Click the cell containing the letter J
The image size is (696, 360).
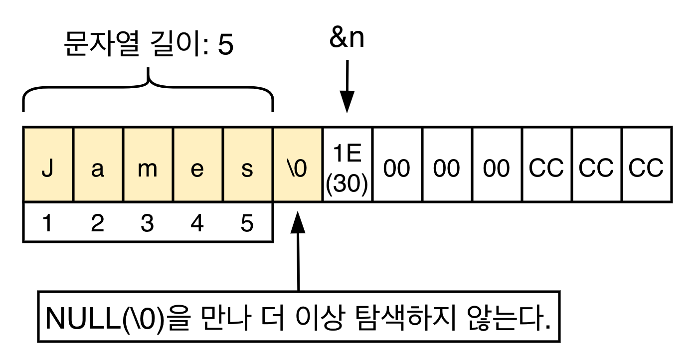pyautogui.click(x=48, y=165)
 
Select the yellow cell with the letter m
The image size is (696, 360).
pyautogui.click(x=148, y=165)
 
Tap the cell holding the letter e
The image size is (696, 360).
pyautogui.click(x=197, y=165)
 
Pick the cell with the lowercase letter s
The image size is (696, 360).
pyautogui.click(x=247, y=165)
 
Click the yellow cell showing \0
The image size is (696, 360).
pyautogui.click(x=297, y=165)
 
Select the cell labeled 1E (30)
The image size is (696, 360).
pyautogui.click(x=347, y=165)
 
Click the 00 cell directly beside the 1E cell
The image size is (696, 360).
pyautogui.click(x=397, y=165)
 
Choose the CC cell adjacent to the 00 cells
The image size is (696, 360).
pyautogui.click(x=546, y=165)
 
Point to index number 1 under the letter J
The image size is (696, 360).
pyautogui.click(x=47, y=224)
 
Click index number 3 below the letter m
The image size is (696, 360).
pyautogui.click(x=147, y=224)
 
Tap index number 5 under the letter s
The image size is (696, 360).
pyautogui.click(x=247, y=224)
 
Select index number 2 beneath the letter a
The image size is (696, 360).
pyautogui.click(x=97, y=224)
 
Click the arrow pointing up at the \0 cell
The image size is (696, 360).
pyautogui.click(x=298, y=249)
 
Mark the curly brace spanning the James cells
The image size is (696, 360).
pyautogui.click(x=148, y=90)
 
